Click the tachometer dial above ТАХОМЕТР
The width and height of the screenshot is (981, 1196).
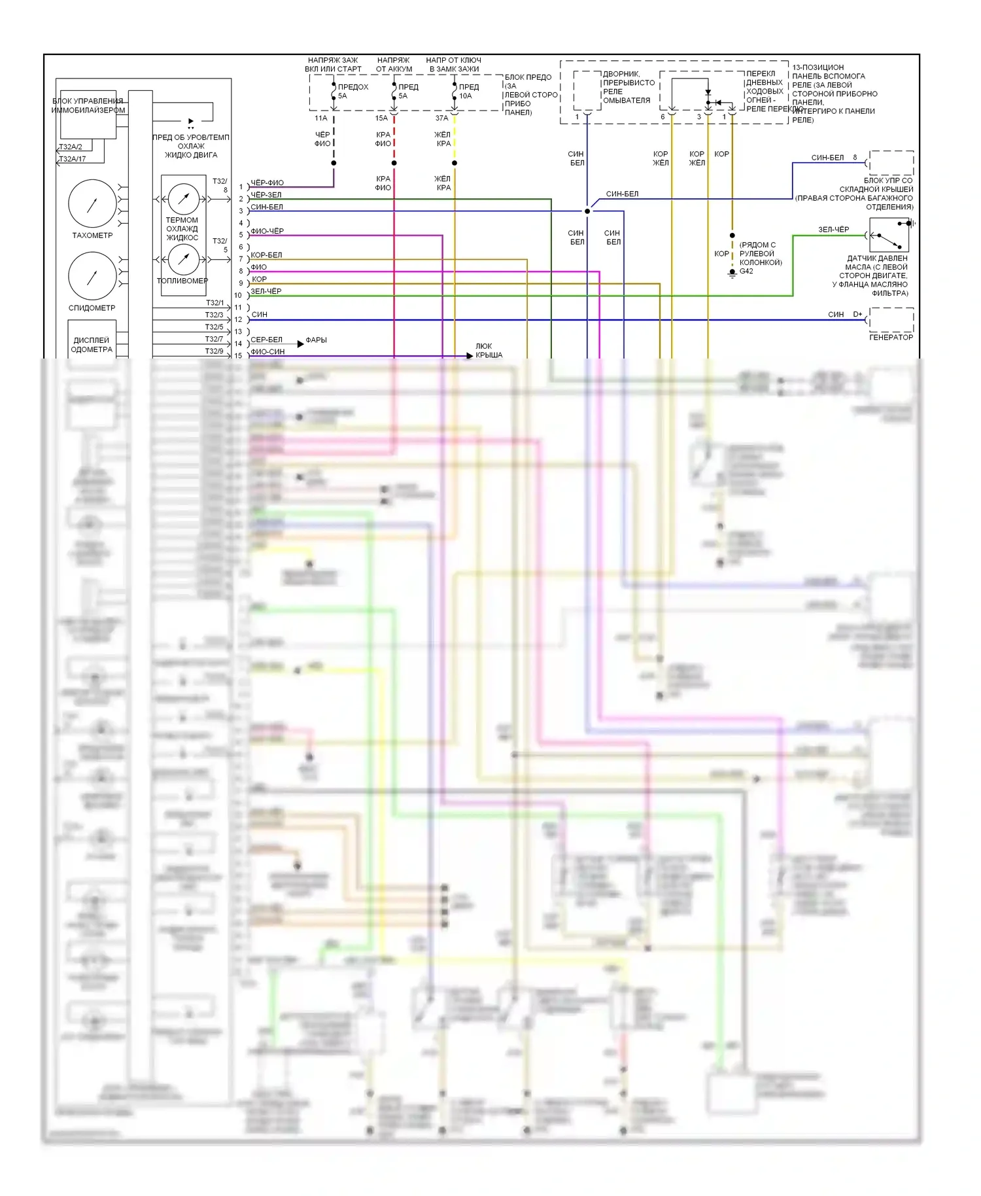92,203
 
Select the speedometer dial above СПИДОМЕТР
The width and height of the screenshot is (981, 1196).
92,276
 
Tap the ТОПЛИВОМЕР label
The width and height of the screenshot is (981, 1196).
182,281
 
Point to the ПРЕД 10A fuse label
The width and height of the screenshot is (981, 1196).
468,91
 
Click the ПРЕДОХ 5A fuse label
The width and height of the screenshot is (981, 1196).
352,91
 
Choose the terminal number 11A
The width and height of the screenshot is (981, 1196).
320,118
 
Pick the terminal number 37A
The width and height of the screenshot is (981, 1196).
442,118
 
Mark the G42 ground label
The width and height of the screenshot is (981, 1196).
746,271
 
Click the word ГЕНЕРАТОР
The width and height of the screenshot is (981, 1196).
891,337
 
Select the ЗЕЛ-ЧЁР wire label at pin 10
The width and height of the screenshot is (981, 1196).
266,291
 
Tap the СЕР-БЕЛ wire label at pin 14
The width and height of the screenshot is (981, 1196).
266,340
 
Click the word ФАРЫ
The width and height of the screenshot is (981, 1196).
316,340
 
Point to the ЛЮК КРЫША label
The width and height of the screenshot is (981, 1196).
488,351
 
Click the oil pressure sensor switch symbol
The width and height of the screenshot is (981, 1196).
889,234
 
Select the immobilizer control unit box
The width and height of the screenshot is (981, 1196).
88,114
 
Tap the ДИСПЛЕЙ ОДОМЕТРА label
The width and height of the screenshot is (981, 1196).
92,345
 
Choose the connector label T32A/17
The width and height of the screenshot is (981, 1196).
72,159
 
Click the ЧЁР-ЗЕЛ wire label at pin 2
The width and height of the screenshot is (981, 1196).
266,195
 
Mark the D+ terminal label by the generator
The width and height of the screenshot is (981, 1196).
857,315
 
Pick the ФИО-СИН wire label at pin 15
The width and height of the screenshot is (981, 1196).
267,351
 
